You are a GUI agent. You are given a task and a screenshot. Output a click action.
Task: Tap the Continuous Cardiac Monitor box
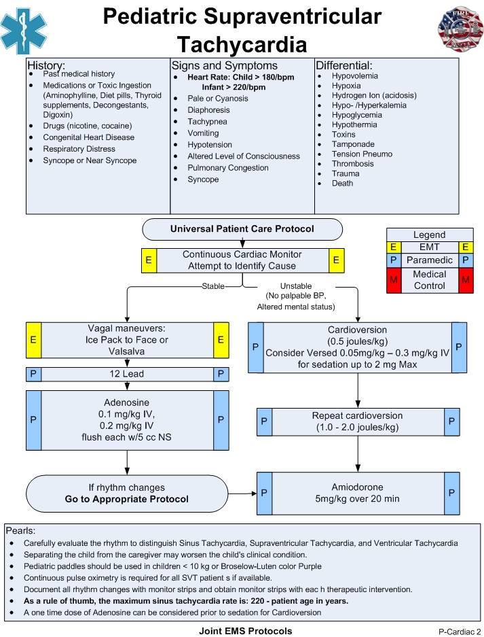(x=242, y=260)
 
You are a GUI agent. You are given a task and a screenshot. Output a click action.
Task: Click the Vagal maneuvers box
(x=127, y=339)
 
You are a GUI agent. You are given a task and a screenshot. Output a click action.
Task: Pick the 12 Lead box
(x=127, y=374)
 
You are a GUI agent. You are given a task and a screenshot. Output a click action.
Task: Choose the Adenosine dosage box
(x=127, y=419)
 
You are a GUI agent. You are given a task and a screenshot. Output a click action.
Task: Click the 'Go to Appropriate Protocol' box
(x=127, y=493)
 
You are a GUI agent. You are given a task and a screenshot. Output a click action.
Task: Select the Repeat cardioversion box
(x=357, y=421)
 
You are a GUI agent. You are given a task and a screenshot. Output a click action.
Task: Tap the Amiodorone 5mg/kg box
(x=357, y=493)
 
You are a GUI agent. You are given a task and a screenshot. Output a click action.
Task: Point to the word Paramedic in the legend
(x=430, y=260)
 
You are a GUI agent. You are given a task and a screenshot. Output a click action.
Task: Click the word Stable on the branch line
(x=213, y=286)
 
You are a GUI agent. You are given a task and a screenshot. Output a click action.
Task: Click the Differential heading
(x=344, y=66)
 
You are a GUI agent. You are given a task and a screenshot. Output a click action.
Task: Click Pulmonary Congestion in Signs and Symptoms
(x=228, y=168)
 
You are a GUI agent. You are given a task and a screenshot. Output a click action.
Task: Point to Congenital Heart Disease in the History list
(x=88, y=137)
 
